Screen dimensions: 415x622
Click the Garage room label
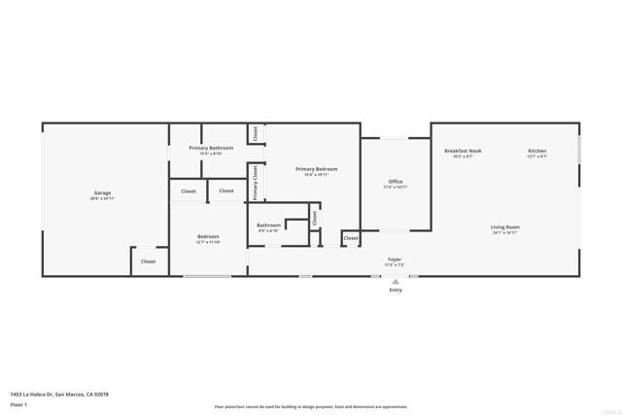102,193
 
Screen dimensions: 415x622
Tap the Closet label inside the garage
148,261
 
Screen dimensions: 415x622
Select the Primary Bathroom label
211,148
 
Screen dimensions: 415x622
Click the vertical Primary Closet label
255,183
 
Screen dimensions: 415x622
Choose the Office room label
396,181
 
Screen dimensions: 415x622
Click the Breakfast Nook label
463,151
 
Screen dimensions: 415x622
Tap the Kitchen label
537,151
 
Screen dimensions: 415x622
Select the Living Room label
505,227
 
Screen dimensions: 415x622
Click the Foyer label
395,259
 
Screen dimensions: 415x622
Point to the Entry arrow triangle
396,281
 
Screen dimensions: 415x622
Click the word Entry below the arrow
396,291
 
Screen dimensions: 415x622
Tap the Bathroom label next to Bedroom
268,225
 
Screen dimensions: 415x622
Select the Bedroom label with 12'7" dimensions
208,236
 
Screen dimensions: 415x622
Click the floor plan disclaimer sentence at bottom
311,407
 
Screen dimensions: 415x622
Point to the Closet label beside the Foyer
351,238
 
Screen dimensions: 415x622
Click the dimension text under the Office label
396,187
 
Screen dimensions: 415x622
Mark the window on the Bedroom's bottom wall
207,276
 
